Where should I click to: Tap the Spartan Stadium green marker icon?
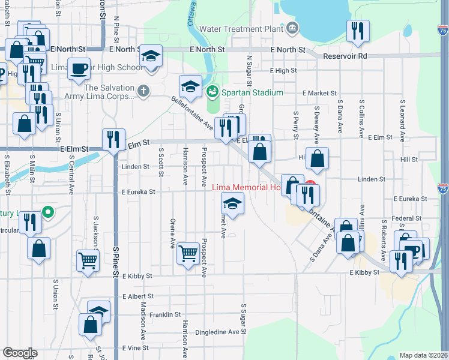(212, 92)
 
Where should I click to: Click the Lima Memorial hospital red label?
(247, 187)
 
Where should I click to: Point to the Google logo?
(20, 353)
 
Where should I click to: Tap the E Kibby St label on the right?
(365, 272)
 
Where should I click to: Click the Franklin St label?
(165, 314)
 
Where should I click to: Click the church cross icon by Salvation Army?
(142, 91)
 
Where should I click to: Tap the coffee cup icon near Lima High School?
(79, 68)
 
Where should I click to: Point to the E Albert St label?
(138, 296)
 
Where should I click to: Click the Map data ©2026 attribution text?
(424, 355)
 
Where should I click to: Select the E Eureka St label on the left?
(138, 192)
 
